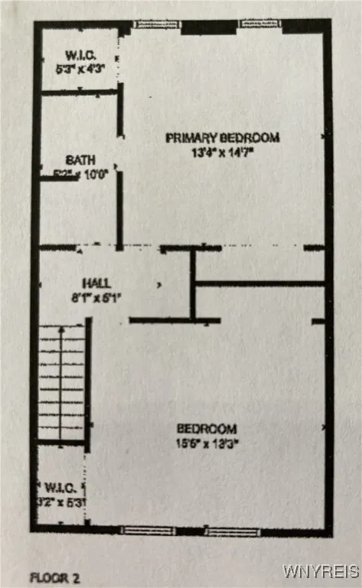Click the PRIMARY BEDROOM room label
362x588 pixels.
click(x=223, y=138)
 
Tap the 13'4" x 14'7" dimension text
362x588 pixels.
click(x=223, y=152)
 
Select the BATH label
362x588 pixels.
click(x=80, y=160)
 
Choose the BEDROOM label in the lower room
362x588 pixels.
click(x=207, y=429)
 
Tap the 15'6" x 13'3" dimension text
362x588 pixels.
click(x=207, y=442)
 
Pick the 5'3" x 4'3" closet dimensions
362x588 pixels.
click(x=80, y=67)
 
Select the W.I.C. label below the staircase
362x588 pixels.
click(x=59, y=486)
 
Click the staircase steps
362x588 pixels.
click(x=61, y=383)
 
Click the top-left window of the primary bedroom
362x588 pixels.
click(x=157, y=24)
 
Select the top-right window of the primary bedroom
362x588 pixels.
click(x=260, y=24)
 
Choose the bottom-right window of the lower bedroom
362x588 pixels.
click(x=233, y=531)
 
